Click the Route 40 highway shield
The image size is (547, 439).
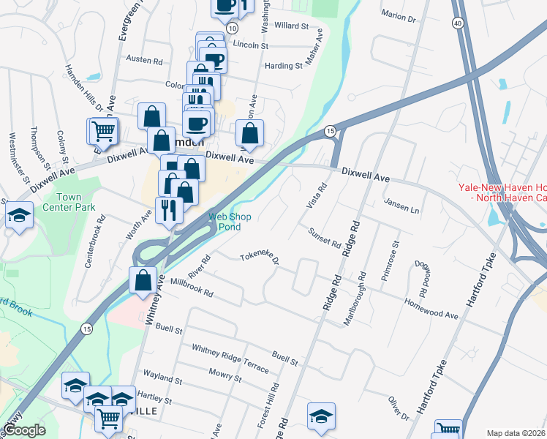point(458,23)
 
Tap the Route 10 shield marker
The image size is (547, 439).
point(232,28)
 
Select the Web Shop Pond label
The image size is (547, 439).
point(230,222)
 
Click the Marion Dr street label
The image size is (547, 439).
point(398,15)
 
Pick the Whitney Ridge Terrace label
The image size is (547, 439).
point(230,357)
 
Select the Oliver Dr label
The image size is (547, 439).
point(399,408)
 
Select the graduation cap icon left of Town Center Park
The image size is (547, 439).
point(18,216)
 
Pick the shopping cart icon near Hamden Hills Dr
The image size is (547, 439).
point(103,132)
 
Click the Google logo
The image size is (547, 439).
point(23,430)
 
